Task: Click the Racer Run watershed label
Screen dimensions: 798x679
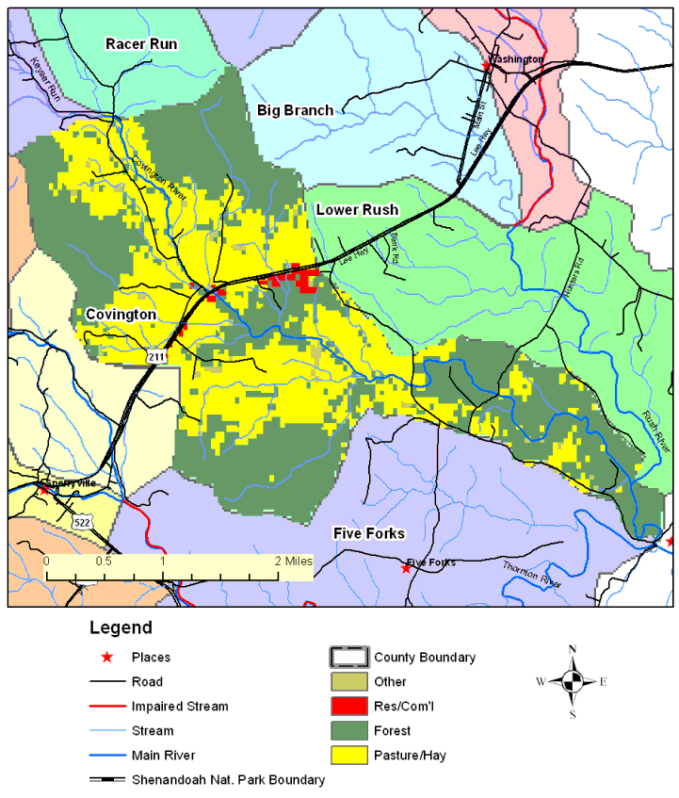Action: pos(140,43)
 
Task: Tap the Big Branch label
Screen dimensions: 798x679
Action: pos(295,110)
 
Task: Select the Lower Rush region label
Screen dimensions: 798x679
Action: pos(357,209)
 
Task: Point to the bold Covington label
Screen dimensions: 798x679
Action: pos(120,314)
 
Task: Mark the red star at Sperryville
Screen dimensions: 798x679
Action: pos(43,489)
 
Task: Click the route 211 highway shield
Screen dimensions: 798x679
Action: pos(157,355)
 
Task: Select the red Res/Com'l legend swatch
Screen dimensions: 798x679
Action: pos(346,706)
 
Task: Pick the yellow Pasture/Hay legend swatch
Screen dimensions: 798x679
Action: pos(346,755)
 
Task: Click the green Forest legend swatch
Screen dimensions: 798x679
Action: pos(346,730)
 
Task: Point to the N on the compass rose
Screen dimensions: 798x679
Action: pos(573,649)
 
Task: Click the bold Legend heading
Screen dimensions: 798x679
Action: pos(121,627)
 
